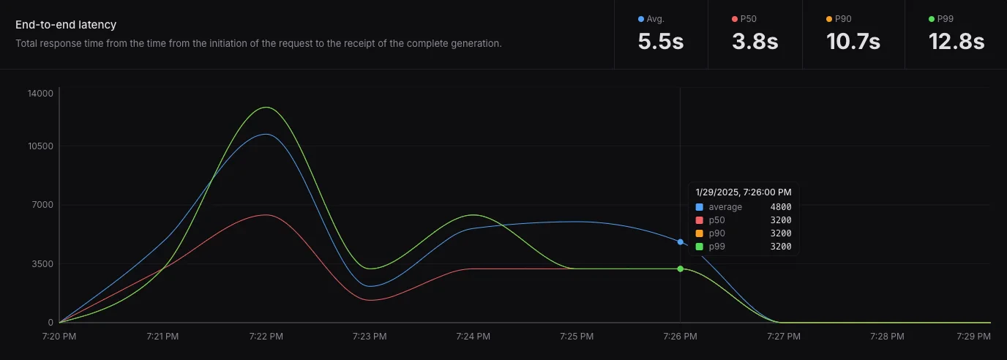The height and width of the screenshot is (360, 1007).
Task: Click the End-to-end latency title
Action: [66, 25]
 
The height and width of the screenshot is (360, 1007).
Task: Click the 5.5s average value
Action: [660, 42]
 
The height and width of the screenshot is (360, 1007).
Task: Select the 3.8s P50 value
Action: [755, 42]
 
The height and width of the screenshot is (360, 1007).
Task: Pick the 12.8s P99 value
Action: [957, 42]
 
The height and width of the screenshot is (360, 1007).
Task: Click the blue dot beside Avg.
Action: [641, 19]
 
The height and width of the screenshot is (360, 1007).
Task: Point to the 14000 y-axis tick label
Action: [41, 93]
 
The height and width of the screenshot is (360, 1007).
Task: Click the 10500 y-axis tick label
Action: [41, 146]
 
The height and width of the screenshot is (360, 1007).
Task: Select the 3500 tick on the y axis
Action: [43, 263]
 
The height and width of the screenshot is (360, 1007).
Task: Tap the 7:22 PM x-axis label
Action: [266, 337]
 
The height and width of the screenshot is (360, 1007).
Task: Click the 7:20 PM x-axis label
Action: [60, 337]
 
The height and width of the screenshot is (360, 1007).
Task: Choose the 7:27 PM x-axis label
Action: [785, 337]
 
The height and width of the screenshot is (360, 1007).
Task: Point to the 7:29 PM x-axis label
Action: [973, 337]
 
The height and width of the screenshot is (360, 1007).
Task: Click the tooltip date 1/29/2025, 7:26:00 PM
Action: [743, 192]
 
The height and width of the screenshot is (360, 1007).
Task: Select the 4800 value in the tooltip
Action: [780, 207]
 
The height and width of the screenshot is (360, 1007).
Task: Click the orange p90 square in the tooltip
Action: [699, 233]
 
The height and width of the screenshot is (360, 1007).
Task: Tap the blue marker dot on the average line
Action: [681, 241]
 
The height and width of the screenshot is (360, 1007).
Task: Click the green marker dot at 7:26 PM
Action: [681, 269]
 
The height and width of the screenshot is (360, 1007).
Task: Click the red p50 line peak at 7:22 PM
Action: [266, 214]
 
